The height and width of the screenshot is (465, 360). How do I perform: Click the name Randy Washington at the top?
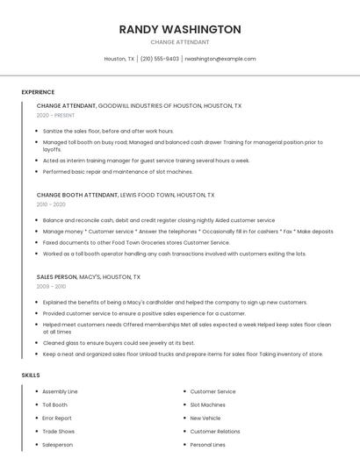pyautogui.click(x=180, y=29)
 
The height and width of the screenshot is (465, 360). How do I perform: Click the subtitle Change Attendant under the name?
pyautogui.click(x=180, y=41)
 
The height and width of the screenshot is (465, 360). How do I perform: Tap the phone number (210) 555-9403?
pyautogui.click(x=160, y=59)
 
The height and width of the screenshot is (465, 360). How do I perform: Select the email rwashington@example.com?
pyautogui.click(x=220, y=59)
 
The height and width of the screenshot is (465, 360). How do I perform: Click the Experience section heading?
pyautogui.click(x=38, y=92)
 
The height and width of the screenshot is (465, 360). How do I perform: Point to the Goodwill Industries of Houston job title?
pyautogui.click(x=139, y=105)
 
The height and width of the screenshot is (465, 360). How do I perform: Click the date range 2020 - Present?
pyautogui.click(x=56, y=116)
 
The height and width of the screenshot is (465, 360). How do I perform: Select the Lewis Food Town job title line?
pyautogui.click(x=126, y=195)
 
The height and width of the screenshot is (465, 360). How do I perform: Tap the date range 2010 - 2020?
pyautogui.click(x=51, y=204)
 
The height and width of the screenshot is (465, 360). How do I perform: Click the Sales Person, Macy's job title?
pyautogui.click(x=89, y=276)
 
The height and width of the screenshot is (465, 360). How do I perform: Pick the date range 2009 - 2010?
pyautogui.click(x=51, y=286)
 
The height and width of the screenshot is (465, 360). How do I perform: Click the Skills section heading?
pyautogui.click(x=31, y=375)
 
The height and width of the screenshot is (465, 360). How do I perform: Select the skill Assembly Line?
pyautogui.click(x=60, y=391)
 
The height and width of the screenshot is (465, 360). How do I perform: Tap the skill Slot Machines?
pyautogui.click(x=209, y=404)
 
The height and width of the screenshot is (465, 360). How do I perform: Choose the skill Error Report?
pyautogui.click(x=57, y=418)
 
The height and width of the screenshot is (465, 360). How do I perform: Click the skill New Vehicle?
pyautogui.click(x=205, y=418)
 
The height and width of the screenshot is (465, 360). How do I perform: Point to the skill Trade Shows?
pyautogui.click(x=58, y=431)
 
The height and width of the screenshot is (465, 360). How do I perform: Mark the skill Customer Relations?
pyautogui.click(x=215, y=431)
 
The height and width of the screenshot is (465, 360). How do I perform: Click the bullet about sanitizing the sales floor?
pyautogui.click(x=108, y=131)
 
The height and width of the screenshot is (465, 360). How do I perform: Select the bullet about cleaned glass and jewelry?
pyautogui.click(x=119, y=343)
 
